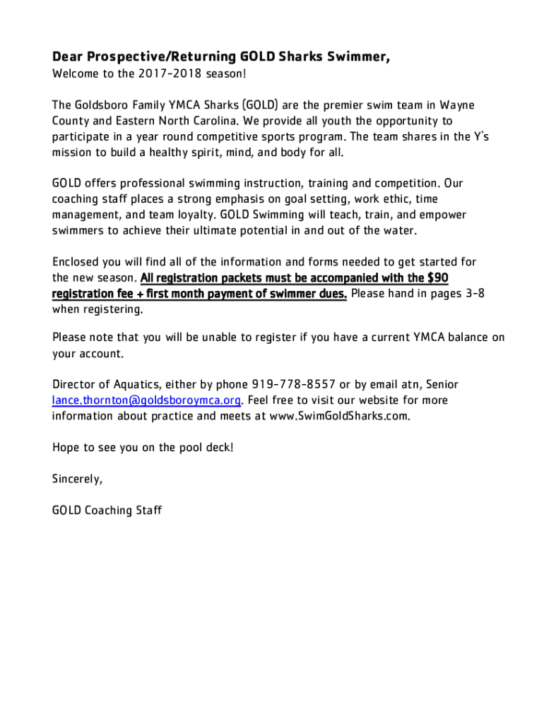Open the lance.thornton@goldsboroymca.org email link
pos(148,400)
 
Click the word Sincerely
pos(78,479)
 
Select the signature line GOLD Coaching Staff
pos(107,510)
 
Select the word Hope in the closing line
pos(66,448)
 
